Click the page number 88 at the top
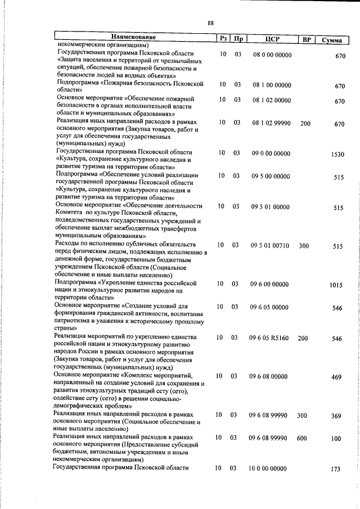click(x=210, y=23)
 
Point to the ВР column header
click(x=307, y=39)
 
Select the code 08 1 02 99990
click(x=272, y=123)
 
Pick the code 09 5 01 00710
click(x=270, y=246)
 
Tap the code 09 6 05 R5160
click(x=269, y=339)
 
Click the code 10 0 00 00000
click(x=268, y=469)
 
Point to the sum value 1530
click(x=337, y=155)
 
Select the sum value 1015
click(x=336, y=285)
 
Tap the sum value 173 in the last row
click(x=336, y=469)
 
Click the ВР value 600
click(x=303, y=437)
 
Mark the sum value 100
click(x=336, y=438)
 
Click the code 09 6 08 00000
click(x=268, y=376)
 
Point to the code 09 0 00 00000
click(x=271, y=153)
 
